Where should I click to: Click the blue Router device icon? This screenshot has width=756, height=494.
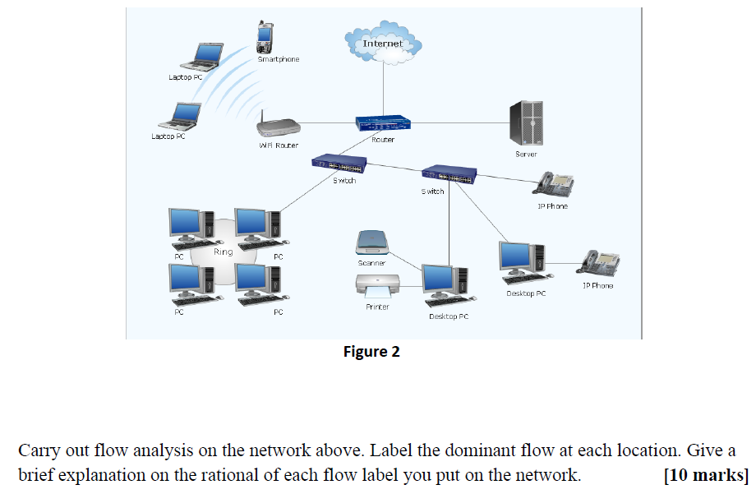point(383,123)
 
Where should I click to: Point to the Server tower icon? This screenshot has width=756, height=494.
point(526,123)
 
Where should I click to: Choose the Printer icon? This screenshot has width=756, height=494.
point(376,286)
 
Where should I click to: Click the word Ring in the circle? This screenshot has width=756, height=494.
point(223,252)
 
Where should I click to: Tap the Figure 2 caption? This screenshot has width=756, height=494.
point(371,352)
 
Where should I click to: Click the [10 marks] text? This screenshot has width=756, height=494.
point(706,475)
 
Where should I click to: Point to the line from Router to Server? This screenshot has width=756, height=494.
point(460,123)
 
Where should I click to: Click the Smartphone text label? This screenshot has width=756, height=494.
point(279,59)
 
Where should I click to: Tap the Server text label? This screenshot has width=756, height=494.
point(526,154)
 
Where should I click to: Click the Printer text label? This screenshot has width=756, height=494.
point(377,307)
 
